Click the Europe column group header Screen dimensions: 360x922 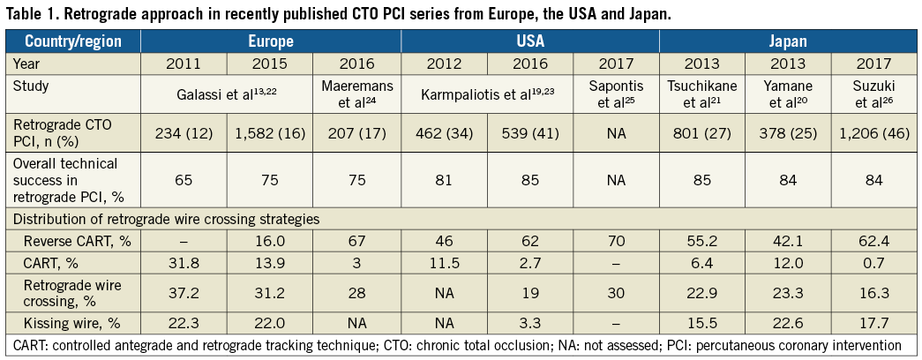[x=271, y=41]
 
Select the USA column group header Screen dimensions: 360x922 [x=530, y=41]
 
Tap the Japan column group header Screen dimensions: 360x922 [x=788, y=41]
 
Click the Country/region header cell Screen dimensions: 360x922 [x=73, y=41]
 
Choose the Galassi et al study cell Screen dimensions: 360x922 [x=227, y=94]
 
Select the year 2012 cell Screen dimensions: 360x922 [x=444, y=64]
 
